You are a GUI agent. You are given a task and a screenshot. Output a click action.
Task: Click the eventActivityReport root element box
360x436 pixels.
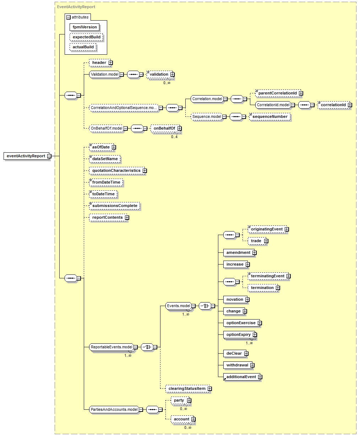[26, 156]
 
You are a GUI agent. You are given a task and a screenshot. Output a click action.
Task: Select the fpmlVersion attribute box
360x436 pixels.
[84, 27]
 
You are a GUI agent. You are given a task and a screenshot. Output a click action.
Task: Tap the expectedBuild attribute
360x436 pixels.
[87, 37]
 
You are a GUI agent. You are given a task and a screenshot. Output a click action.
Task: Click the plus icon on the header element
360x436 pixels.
[111, 62]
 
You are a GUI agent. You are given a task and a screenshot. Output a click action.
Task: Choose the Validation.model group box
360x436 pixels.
[104, 74]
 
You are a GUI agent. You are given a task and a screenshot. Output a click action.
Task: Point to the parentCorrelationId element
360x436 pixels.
[278, 93]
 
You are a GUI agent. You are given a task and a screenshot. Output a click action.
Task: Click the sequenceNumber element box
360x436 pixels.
[270, 116]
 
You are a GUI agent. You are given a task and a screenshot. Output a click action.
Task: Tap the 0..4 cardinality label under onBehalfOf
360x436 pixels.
[174, 137]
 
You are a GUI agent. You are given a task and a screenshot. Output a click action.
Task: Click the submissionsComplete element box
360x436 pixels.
[115, 206]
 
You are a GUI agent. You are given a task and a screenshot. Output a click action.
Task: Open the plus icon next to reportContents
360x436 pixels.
[127, 218]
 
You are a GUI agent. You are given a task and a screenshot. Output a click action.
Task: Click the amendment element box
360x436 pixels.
[239, 253]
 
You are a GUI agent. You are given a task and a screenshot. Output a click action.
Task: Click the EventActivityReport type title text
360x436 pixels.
[76, 7]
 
